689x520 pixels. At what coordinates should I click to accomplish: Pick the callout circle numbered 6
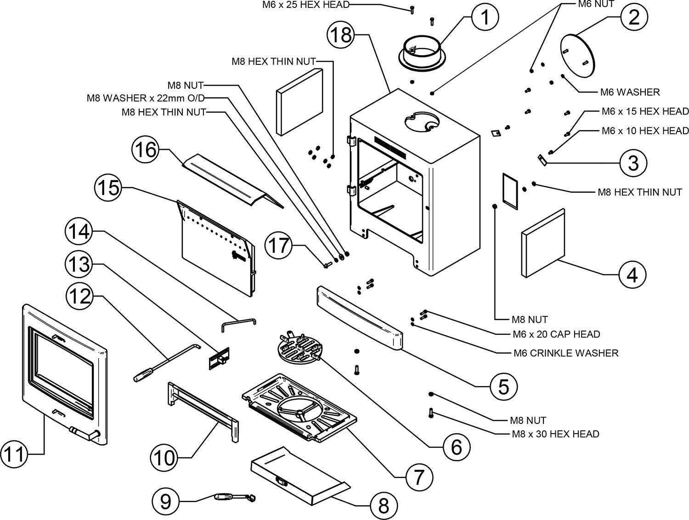pos(456,446)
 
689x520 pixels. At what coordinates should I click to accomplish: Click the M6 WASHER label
pos(630,92)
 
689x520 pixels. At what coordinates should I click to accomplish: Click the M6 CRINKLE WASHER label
pos(565,353)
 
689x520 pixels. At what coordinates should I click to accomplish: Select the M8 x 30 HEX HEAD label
pos(554,434)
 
